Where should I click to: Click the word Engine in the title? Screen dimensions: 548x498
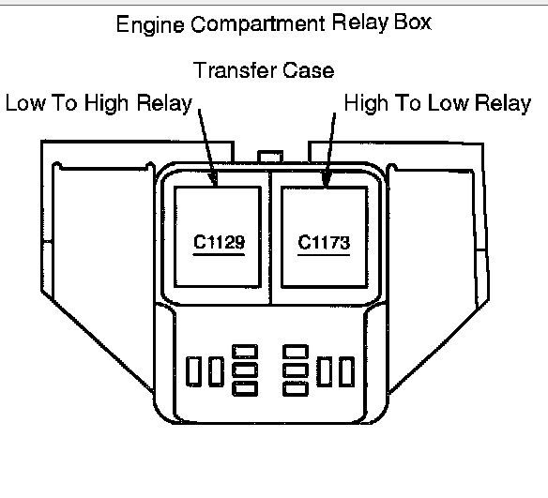pyautogui.click(x=150, y=25)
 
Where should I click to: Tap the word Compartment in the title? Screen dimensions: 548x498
pyautogui.click(x=258, y=24)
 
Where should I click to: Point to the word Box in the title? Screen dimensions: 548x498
pyautogui.click(x=413, y=23)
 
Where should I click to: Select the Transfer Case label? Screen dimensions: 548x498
pyautogui.click(x=264, y=70)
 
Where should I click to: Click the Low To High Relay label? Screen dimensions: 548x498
pyautogui.click(x=99, y=103)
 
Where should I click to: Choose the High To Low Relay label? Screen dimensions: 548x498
pyautogui.click(x=437, y=103)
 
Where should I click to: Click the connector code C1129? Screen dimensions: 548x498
pyautogui.click(x=220, y=242)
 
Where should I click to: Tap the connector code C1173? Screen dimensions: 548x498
pyautogui.click(x=324, y=242)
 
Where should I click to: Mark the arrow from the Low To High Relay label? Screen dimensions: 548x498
pyautogui.click(x=207, y=147)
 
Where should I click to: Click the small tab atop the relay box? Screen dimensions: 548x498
pyautogui.click(x=270, y=157)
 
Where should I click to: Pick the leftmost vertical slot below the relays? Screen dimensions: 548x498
pyautogui.click(x=193, y=371)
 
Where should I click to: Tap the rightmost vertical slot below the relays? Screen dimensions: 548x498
pyautogui.click(x=346, y=371)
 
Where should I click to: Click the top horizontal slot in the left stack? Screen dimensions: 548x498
pyautogui.click(x=245, y=352)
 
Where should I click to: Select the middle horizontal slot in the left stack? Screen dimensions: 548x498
pyautogui.click(x=245, y=370)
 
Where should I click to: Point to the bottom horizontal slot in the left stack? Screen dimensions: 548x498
pyautogui.click(x=245, y=388)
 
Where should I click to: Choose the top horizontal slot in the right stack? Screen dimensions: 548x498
pyautogui.click(x=296, y=352)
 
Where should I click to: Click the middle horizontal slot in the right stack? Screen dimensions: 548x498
pyautogui.click(x=296, y=370)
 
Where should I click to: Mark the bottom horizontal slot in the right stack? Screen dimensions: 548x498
pyautogui.click(x=296, y=388)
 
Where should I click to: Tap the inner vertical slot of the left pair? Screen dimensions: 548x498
pyautogui.click(x=217, y=371)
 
